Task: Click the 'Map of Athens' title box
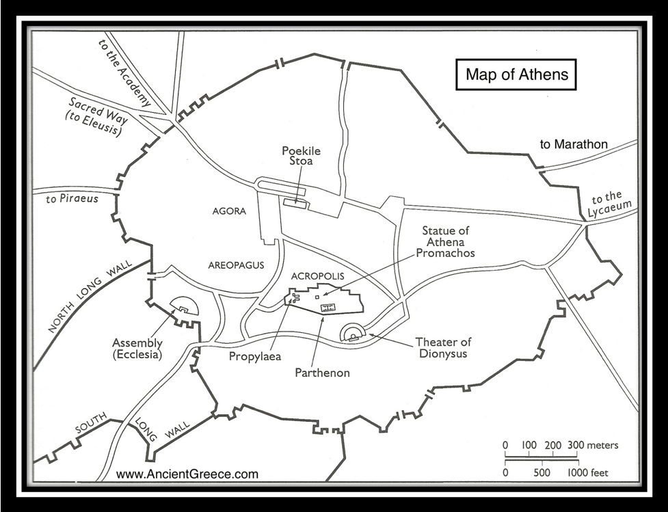pos(516,75)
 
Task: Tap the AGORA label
pos(229,211)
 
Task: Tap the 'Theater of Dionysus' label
pos(443,348)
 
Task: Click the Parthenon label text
pos(323,373)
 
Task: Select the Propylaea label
pos(256,356)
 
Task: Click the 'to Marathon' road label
pos(574,144)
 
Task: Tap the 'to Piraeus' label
pos(72,199)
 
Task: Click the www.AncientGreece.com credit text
pos(187,474)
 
